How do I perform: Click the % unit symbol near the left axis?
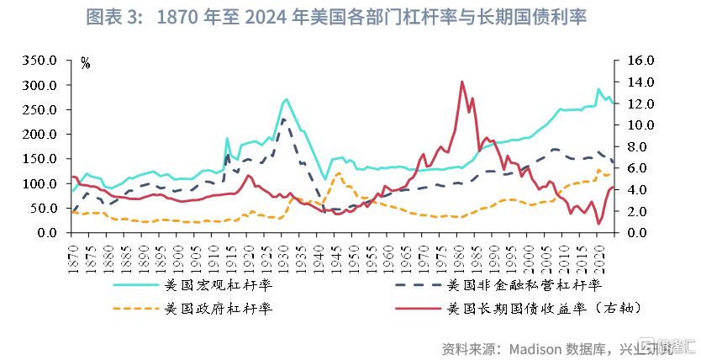point(86,62)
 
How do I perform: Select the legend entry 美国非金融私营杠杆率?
point(529,285)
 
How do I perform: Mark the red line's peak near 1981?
point(462,82)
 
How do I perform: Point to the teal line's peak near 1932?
point(287,99)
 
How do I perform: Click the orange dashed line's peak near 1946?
point(338,173)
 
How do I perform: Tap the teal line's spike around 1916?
point(227,139)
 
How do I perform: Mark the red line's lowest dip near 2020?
point(598,224)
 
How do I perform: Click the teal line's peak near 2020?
point(598,89)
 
